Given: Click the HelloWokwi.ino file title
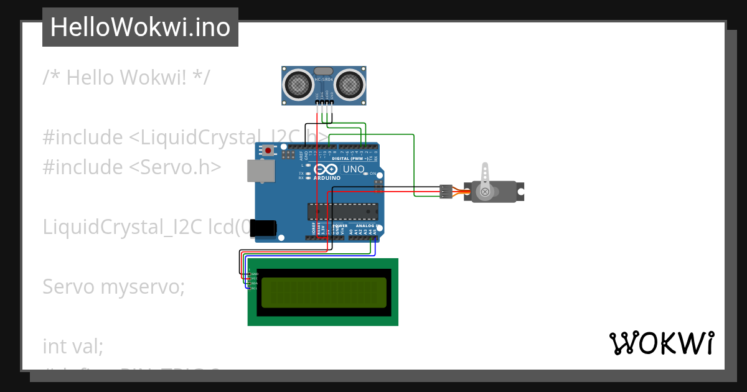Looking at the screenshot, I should coord(140,27).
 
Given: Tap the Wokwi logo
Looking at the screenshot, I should coord(661,343).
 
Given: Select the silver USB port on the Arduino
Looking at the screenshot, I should coord(260,171).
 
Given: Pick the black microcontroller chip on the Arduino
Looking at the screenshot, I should coord(342,212).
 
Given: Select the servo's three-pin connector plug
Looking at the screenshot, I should coord(446,192).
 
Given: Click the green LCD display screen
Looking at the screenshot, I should coord(323,292).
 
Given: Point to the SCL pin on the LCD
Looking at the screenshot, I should coord(253,288).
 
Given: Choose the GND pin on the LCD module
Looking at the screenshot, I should coord(253,273).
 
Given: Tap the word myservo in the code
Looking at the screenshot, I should coord(143,287).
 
